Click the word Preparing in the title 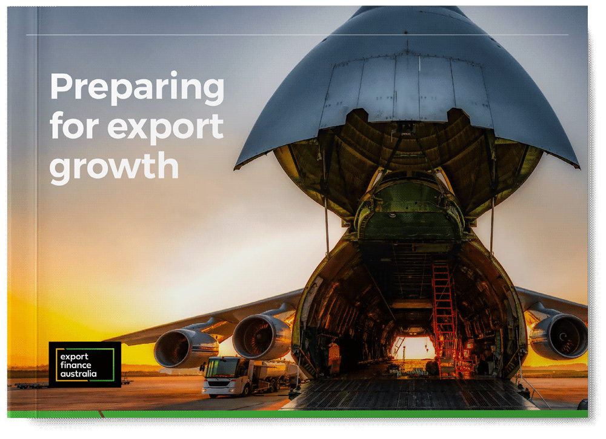(x=136, y=88)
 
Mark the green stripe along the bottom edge (x=303, y=414)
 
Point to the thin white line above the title (x=297, y=35)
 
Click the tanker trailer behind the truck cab (x=270, y=372)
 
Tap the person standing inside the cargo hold (x=433, y=367)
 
